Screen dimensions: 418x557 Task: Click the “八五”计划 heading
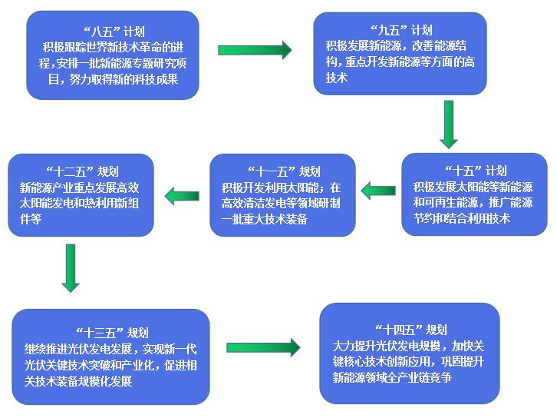(x=113, y=32)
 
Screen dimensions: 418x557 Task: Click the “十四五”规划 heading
(x=410, y=329)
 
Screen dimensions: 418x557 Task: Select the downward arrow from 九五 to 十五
(x=450, y=124)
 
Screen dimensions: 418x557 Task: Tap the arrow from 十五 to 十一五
(x=378, y=189)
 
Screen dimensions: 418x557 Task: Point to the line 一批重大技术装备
(x=264, y=220)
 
